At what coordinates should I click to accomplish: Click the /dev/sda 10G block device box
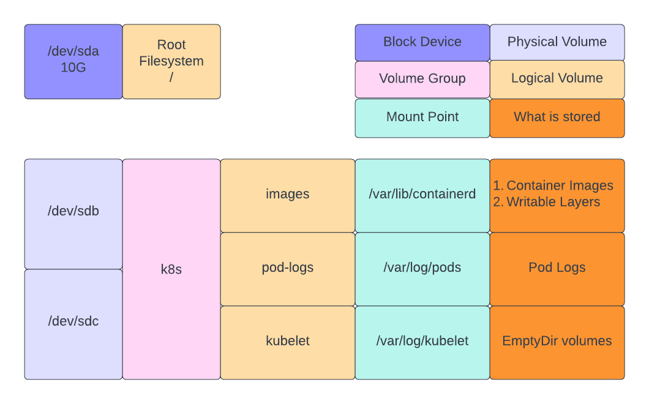pyautogui.click(x=73, y=61)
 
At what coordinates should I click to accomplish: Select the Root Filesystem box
pyautogui.click(x=171, y=61)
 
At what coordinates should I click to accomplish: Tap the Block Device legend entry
pyautogui.click(x=422, y=42)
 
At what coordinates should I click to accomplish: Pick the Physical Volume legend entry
pyautogui.click(x=557, y=42)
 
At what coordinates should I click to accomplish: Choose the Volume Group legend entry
pyautogui.click(x=422, y=79)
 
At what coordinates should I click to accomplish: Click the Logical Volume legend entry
pyautogui.click(x=557, y=79)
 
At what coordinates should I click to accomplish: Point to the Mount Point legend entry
pyautogui.click(x=422, y=118)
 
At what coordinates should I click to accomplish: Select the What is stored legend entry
pyautogui.click(x=557, y=118)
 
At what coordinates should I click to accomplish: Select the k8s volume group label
pyautogui.click(x=171, y=269)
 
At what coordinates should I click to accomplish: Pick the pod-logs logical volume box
pyautogui.click(x=288, y=268)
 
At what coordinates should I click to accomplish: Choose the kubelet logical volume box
pyautogui.click(x=288, y=342)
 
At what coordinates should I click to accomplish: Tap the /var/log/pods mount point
pyautogui.click(x=422, y=268)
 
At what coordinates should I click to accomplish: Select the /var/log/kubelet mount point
pyautogui.click(x=422, y=342)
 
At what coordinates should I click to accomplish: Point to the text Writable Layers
pyautogui.click(x=553, y=202)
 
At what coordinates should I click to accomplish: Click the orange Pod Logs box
pyautogui.click(x=557, y=268)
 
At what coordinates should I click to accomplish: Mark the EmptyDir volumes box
pyautogui.click(x=557, y=342)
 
